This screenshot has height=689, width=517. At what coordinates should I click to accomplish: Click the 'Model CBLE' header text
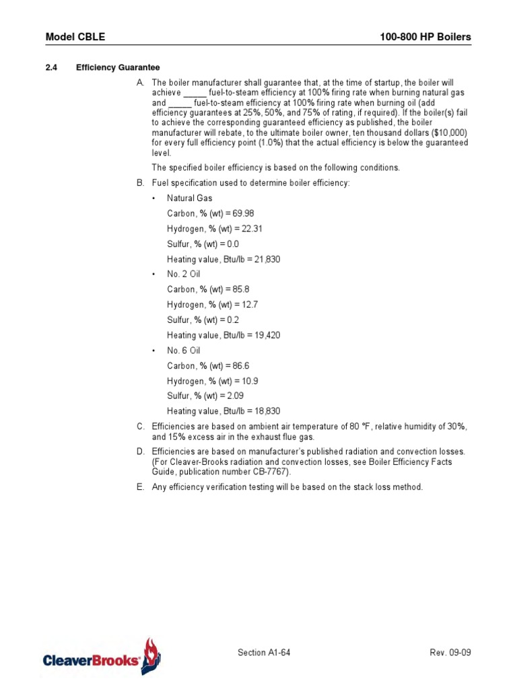[75, 36]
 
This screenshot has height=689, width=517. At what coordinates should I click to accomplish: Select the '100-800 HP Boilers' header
[426, 36]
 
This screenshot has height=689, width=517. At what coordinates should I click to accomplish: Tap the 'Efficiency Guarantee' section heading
[118, 67]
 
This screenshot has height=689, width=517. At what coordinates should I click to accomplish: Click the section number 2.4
[51, 67]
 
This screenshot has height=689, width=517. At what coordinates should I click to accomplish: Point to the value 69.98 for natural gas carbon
[232, 213]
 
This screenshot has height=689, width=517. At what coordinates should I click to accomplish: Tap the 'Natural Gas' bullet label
[190, 198]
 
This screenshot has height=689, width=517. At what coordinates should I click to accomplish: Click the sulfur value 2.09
[230, 396]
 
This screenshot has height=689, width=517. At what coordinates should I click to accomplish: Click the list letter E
[140, 487]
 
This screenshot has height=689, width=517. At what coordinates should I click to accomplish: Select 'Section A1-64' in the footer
[264, 653]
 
